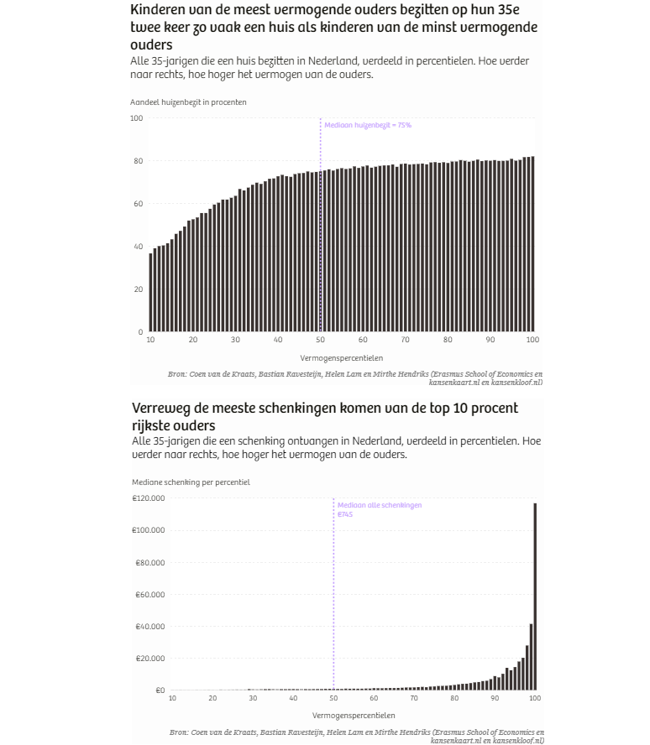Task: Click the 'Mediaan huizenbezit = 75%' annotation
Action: (x=368, y=125)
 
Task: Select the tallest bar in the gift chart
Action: (x=535, y=596)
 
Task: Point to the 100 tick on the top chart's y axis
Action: (x=136, y=118)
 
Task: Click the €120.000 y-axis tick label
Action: (x=148, y=498)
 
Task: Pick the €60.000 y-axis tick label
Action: (x=149, y=595)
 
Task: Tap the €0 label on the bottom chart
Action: (x=159, y=690)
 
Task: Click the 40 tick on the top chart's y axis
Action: (x=138, y=247)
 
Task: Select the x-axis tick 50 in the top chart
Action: (x=320, y=340)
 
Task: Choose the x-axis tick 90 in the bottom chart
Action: (x=495, y=698)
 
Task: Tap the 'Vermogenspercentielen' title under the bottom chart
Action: (x=354, y=716)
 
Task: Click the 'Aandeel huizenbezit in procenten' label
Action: (x=188, y=102)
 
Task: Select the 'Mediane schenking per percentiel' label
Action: (x=191, y=482)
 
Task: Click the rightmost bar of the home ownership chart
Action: (x=532, y=243)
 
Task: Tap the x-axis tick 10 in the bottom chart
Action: (x=172, y=698)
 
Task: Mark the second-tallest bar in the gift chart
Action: (x=531, y=656)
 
